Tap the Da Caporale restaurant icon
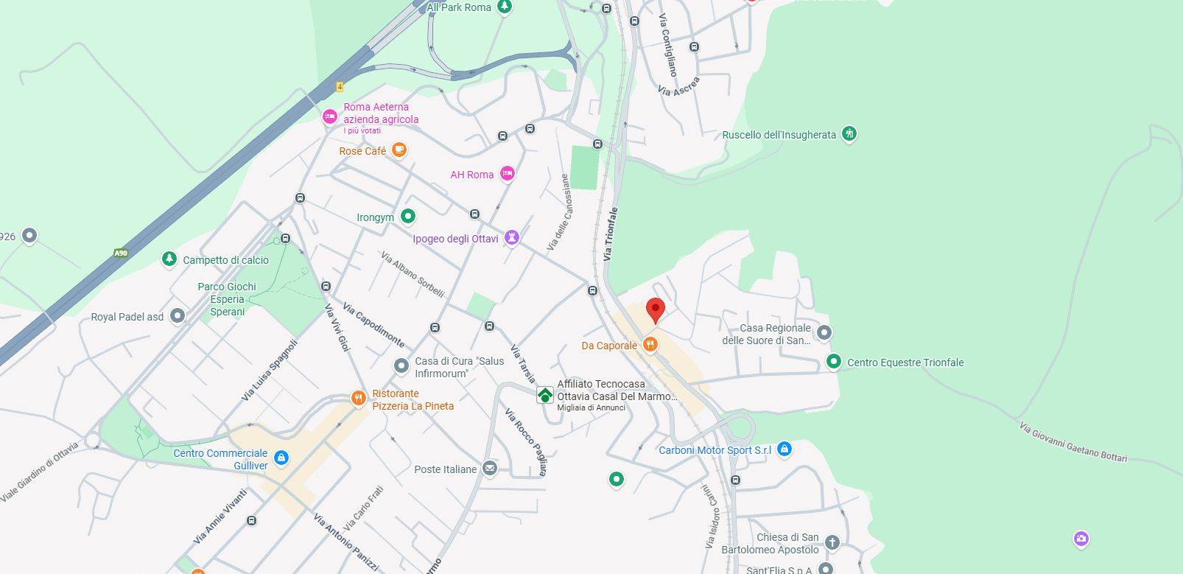(x=650, y=344)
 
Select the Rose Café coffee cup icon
(x=399, y=150)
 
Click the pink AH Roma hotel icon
(x=507, y=174)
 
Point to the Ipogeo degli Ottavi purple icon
(x=512, y=238)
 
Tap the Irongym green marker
(x=408, y=217)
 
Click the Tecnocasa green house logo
(x=544, y=395)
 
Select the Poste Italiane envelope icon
(x=490, y=469)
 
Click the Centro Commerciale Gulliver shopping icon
(x=281, y=458)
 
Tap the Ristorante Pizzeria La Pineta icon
(x=359, y=399)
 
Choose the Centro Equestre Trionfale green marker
(x=834, y=362)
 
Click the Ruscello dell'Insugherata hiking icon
(x=849, y=134)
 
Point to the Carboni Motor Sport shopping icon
(x=784, y=449)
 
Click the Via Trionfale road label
(x=610, y=234)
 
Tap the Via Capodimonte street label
(x=373, y=325)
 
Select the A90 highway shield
(x=121, y=253)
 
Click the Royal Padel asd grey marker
(x=177, y=316)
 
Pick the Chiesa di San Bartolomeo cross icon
(x=832, y=543)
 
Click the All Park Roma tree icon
(x=504, y=7)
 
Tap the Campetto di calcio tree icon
(x=169, y=259)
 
